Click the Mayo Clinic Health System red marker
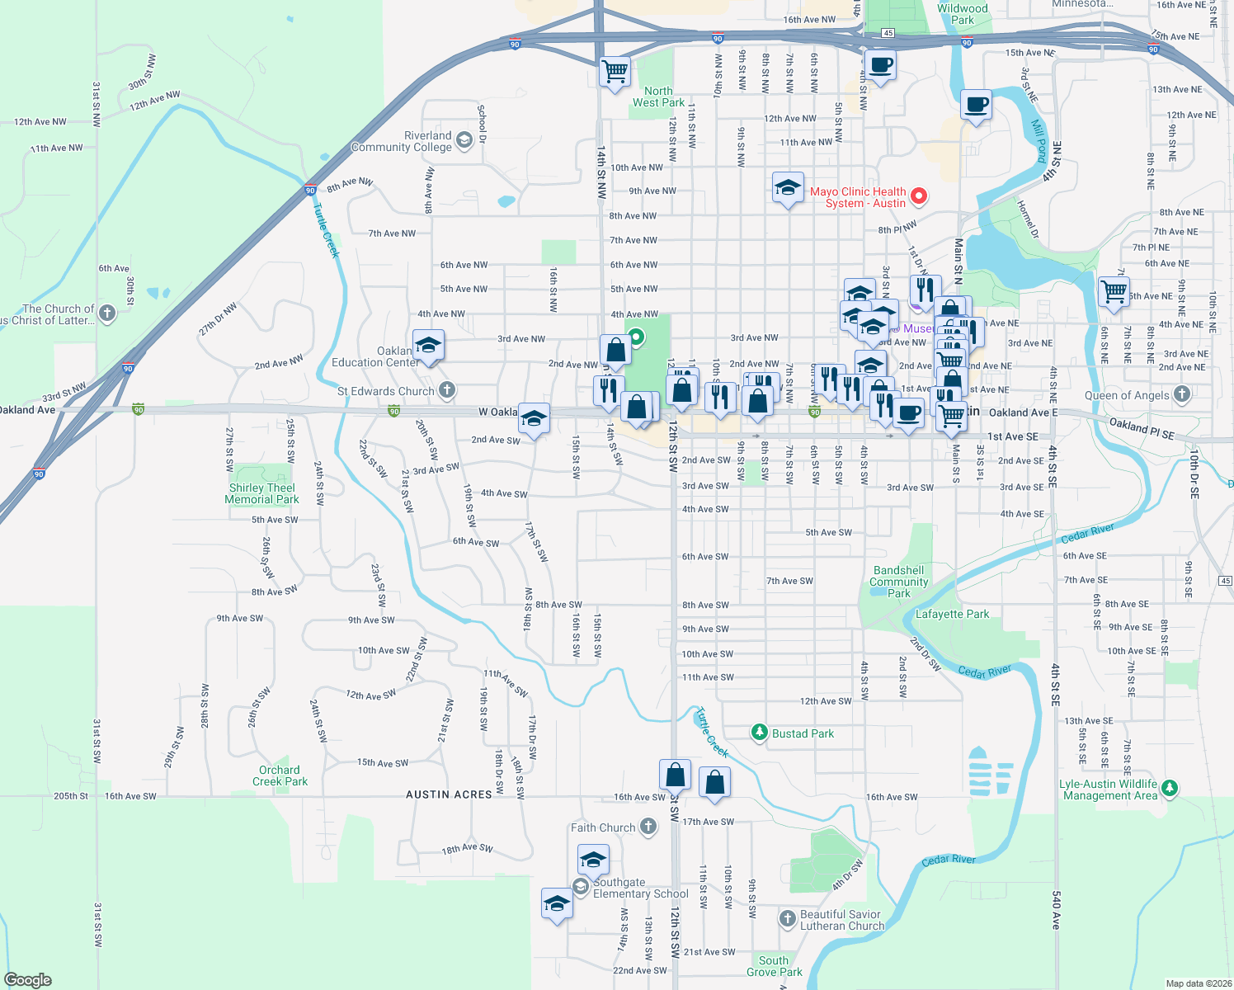click(x=919, y=196)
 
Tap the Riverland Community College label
click(x=402, y=142)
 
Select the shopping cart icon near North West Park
click(x=615, y=72)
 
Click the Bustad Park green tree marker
click(x=760, y=733)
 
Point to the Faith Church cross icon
click(x=648, y=827)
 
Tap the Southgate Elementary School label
click(x=640, y=888)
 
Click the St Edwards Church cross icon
click(x=447, y=390)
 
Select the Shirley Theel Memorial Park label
click(x=262, y=493)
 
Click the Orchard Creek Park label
click(x=280, y=775)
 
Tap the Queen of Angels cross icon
click(x=1181, y=394)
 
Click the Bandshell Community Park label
click(x=898, y=582)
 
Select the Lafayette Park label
click(x=952, y=614)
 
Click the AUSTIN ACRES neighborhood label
click(x=449, y=794)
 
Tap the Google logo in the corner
click(x=28, y=979)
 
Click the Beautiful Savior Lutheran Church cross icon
click(x=788, y=917)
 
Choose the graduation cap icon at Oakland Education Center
click(x=427, y=345)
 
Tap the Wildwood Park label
click(x=962, y=14)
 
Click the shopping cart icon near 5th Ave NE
click(x=1114, y=291)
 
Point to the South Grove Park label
click(x=774, y=966)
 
